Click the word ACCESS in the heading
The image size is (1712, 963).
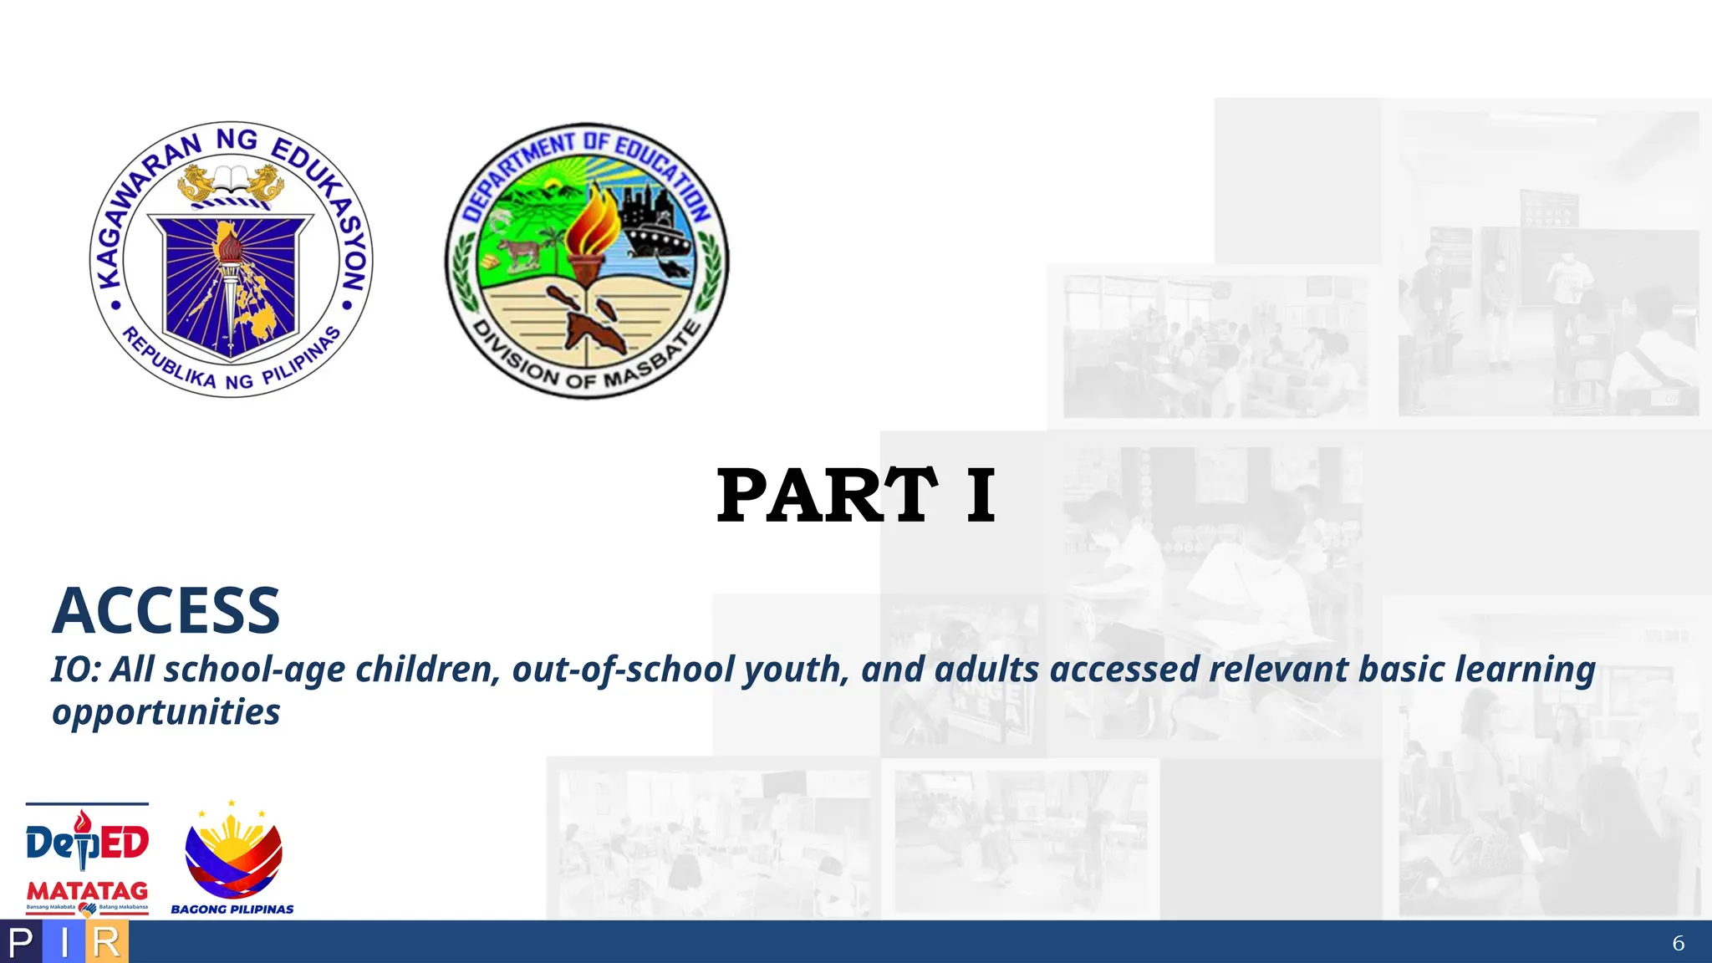pos(166,611)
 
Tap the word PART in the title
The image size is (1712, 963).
pos(826,496)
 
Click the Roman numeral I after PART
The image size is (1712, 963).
pos(981,496)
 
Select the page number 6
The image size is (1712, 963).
pos(1678,943)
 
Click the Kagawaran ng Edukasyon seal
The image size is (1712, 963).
pos(232,259)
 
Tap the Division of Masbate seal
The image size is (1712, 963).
pos(587,261)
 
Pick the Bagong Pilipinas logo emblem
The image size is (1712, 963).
pos(233,853)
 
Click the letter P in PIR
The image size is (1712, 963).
pos(21,943)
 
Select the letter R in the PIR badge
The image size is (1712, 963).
pos(106,943)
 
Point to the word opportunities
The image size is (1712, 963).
pos(166,712)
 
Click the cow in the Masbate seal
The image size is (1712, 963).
pos(520,252)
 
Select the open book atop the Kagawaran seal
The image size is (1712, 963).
pos(232,178)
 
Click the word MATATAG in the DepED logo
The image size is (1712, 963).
pos(87,891)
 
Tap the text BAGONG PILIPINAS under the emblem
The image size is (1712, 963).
pos(232,909)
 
